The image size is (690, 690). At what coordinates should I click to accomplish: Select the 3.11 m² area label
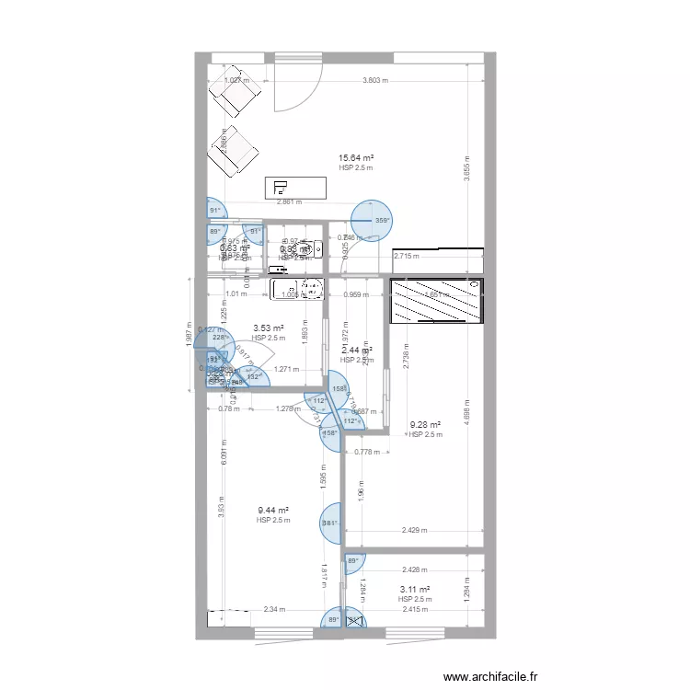click(x=415, y=589)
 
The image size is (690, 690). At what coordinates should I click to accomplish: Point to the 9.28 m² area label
click(x=425, y=425)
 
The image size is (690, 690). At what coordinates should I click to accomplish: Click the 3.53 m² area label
click(x=268, y=328)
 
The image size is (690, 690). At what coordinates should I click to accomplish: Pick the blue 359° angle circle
click(x=372, y=219)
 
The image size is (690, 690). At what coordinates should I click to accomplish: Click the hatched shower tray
click(x=436, y=302)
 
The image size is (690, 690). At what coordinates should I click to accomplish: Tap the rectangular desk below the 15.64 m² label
click(x=295, y=187)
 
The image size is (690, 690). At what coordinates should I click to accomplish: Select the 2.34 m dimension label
click(x=274, y=609)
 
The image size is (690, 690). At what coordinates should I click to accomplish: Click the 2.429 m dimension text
click(x=417, y=530)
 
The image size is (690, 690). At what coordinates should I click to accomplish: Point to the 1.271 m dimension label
click(x=287, y=370)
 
